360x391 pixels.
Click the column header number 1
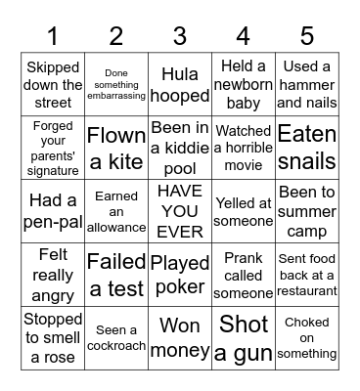click(53, 37)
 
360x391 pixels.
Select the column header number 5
click(307, 37)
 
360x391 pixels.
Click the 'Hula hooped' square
click(180, 84)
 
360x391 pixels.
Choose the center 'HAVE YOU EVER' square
click(180, 210)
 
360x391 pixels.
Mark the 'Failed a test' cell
click(116, 274)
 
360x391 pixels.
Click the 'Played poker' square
click(180, 274)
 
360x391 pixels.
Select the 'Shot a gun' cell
click(244, 337)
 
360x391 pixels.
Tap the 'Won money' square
click(180, 337)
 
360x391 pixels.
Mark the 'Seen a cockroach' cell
click(116, 337)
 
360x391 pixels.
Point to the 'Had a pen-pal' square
click(53, 210)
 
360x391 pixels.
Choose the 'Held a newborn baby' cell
click(244, 84)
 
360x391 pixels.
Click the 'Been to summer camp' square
click(307, 210)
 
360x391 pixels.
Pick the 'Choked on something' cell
click(307, 337)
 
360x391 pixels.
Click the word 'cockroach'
click(116, 346)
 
